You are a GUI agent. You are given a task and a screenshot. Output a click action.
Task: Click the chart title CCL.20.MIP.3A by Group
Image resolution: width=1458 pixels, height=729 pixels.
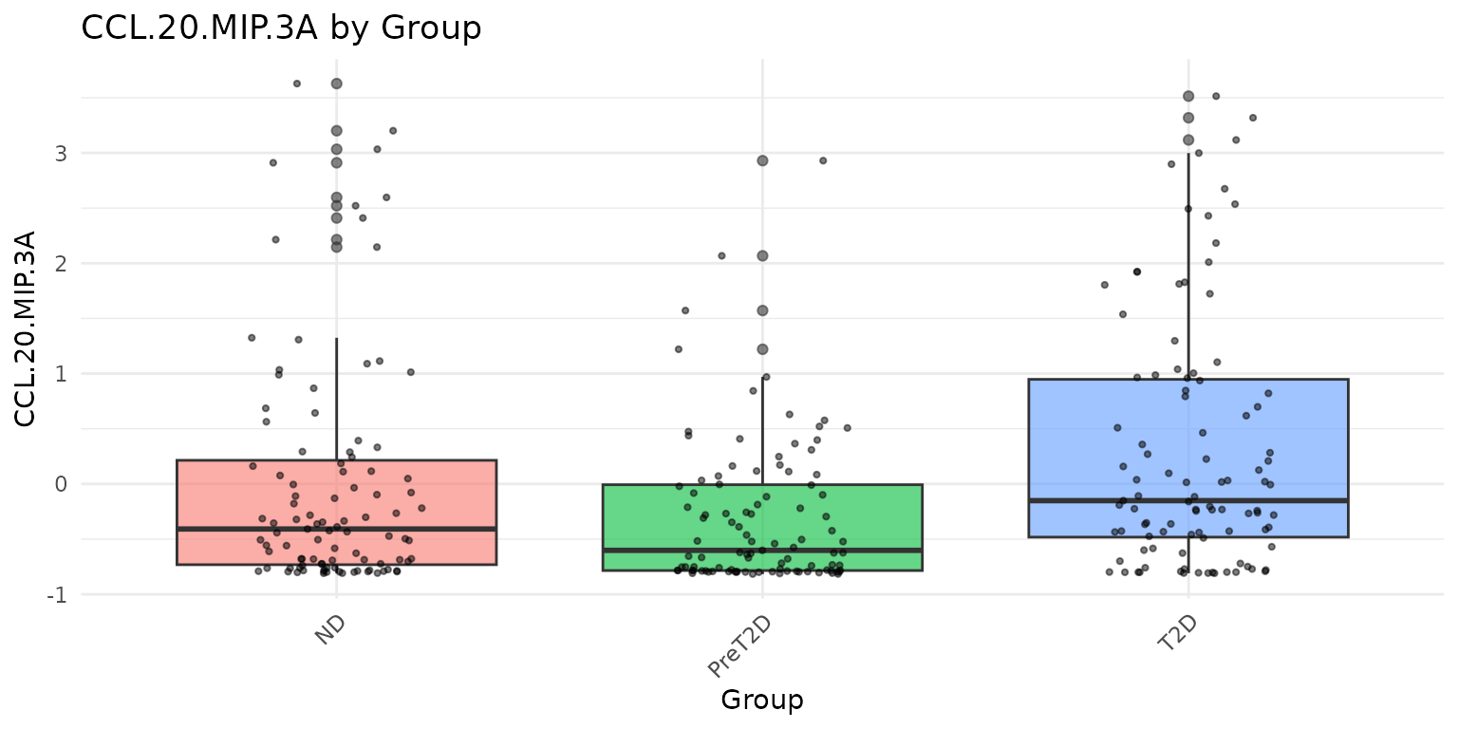coord(281,28)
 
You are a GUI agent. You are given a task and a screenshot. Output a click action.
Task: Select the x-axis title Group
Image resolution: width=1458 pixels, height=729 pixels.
coord(761,701)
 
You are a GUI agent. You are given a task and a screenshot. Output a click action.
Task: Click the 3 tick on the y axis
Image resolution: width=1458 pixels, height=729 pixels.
coord(61,153)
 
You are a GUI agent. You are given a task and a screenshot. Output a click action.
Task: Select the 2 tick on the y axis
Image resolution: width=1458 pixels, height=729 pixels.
coord(61,263)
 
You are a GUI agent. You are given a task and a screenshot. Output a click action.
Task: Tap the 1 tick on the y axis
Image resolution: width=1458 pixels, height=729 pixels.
coord(61,374)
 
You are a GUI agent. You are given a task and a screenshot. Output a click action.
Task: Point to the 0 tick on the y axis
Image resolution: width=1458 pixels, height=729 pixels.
coord(61,484)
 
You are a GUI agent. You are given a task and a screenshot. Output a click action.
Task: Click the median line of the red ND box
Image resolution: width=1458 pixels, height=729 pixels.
coord(336,529)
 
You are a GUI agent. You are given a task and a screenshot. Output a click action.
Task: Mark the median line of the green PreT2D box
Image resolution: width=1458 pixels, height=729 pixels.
coord(762,551)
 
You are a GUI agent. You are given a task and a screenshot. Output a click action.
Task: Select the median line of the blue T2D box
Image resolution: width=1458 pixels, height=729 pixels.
coord(1187,500)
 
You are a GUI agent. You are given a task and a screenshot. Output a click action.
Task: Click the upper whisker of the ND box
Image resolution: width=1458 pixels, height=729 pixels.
coord(336,399)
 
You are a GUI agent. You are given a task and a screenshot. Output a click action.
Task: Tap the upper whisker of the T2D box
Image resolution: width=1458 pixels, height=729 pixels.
coord(1187,266)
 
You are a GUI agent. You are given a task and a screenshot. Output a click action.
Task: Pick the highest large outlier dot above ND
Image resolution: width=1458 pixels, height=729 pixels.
coord(336,84)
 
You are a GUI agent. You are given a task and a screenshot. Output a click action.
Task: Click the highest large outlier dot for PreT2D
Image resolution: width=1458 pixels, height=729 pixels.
coord(762,160)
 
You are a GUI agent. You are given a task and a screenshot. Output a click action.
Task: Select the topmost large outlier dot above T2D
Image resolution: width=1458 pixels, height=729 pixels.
coord(1187,96)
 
